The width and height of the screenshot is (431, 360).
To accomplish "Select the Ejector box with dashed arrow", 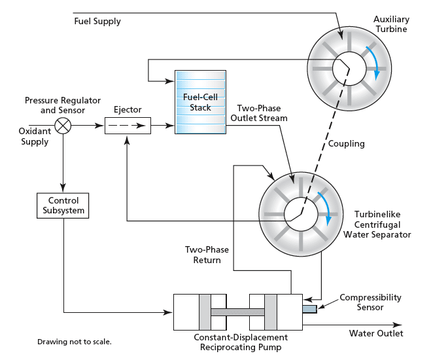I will pos(128,124).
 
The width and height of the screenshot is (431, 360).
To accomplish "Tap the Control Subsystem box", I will pos(63,206).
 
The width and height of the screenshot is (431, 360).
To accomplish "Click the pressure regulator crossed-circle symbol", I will pos(63,124).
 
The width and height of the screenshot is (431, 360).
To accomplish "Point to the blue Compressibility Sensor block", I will pos(309,308).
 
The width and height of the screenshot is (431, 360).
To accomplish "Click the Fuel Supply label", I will pos(97,22).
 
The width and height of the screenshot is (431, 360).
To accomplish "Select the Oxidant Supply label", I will pos(33,137).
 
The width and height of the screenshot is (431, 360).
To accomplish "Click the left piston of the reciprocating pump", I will pos(205,312).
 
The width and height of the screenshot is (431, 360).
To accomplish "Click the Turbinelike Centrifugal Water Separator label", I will pos(383,224).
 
